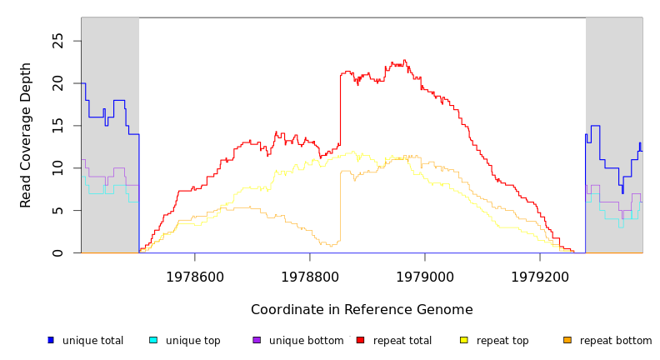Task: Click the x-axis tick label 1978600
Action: [x=195, y=276]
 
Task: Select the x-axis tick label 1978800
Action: [x=310, y=276]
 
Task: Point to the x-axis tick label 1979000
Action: [x=425, y=276]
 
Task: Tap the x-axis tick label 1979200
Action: [x=540, y=276]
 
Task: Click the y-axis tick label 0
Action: [x=57, y=252]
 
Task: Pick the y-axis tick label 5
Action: [x=57, y=210]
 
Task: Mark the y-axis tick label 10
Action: [x=57, y=167]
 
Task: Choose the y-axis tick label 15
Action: [x=57, y=125]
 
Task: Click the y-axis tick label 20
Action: [x=57, y=82]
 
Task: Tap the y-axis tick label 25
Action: [x=57, y=40]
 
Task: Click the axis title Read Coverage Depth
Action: [x=27, y=135]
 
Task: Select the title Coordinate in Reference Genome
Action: [x=362, y=310]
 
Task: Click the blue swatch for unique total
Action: [x=51, y=340]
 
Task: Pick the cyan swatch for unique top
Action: [x=153, y=340]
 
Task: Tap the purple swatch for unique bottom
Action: [x=257, y=340]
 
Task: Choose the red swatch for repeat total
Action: [x=360, y=340]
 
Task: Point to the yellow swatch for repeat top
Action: [x=464, y=340]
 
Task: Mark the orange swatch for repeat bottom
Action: [x=567, y=340]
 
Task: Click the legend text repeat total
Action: [x=402, y=341]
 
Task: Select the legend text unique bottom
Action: [x=306, y=341]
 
